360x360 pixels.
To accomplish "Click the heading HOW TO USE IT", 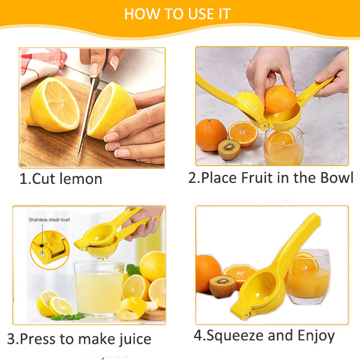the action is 177,13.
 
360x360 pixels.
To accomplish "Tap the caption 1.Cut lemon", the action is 61,179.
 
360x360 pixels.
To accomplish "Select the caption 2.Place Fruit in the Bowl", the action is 271,178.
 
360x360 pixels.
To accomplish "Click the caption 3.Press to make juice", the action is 79,339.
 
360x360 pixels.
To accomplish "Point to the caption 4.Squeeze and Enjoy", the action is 264,336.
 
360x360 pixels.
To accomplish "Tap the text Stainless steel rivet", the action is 49,220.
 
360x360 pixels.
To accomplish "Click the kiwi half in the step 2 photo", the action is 229,150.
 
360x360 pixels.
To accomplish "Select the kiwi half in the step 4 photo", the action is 223,286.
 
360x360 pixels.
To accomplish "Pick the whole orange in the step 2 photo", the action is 211,135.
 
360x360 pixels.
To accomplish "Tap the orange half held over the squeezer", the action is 280,99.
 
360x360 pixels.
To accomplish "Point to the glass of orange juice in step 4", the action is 308,277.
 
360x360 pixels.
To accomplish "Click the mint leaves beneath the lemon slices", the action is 67,317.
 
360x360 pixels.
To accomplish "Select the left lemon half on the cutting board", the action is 53,105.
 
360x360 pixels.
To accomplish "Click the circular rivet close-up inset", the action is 50,250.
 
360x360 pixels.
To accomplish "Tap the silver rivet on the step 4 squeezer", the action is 247,316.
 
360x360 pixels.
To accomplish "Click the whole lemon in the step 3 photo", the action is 152,266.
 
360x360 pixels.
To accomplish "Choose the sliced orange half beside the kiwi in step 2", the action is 243,134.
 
